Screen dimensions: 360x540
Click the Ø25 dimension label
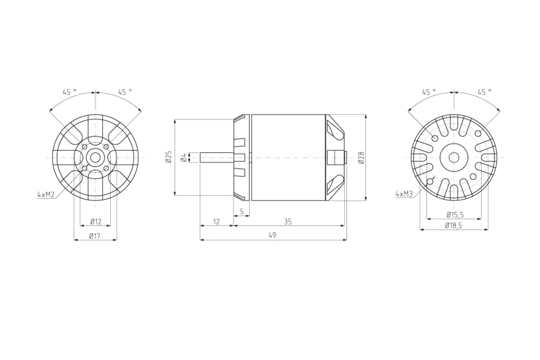(x=169, y=157)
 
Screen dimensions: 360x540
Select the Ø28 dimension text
(x=361, y=157)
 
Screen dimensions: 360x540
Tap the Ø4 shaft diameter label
(x=184, y=157)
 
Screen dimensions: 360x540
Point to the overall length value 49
(x=272, y=235)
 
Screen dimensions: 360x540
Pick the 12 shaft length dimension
(x=216, y=222)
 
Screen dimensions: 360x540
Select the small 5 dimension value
(x=242, y=211)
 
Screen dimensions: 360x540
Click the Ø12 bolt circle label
(x=96, y=222)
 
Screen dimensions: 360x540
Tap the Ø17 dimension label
(x=96, y=236)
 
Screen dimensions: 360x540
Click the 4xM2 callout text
(x=46, y=194)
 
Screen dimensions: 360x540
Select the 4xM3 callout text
(x=405, y=193)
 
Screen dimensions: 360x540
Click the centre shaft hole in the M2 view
(x=96, y=157)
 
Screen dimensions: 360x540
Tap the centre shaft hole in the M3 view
(x=454, y=157)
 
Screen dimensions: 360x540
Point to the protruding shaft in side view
(x=216, y=157)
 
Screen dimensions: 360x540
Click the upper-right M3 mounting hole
(x=478, y=134)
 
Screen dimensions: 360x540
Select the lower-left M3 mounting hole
(x=430, y=181)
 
